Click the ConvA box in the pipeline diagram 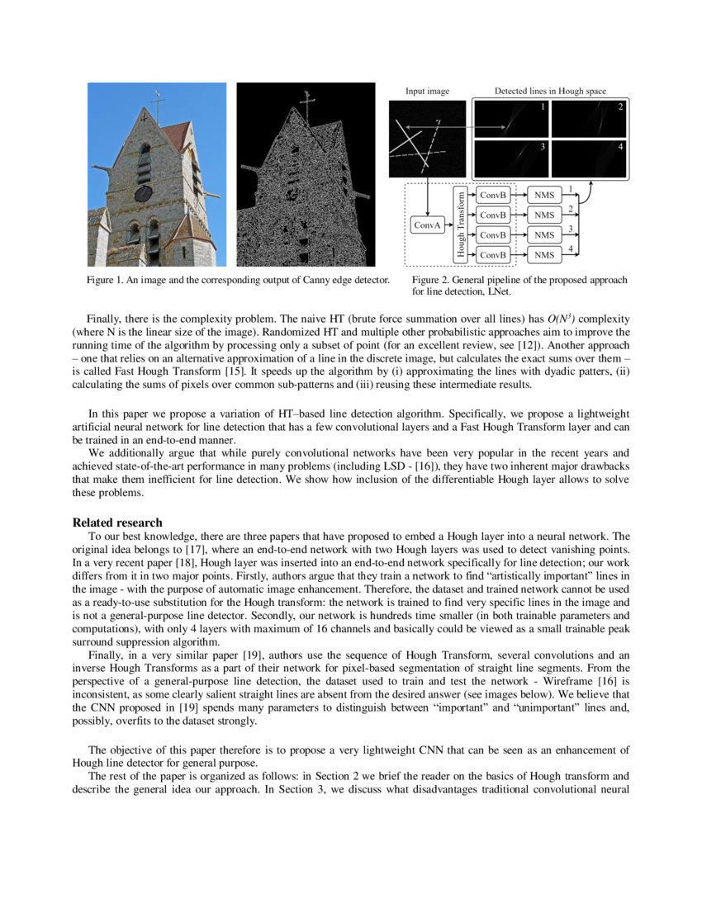tap(426, 225)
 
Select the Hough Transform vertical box tap(462, 224)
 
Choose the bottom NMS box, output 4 tap(543, 255)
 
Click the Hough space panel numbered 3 tap(511, 158)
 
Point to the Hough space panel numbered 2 tap(589, 119)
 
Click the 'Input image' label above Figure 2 tap(427, 91)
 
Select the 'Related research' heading tap(117, 523)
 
